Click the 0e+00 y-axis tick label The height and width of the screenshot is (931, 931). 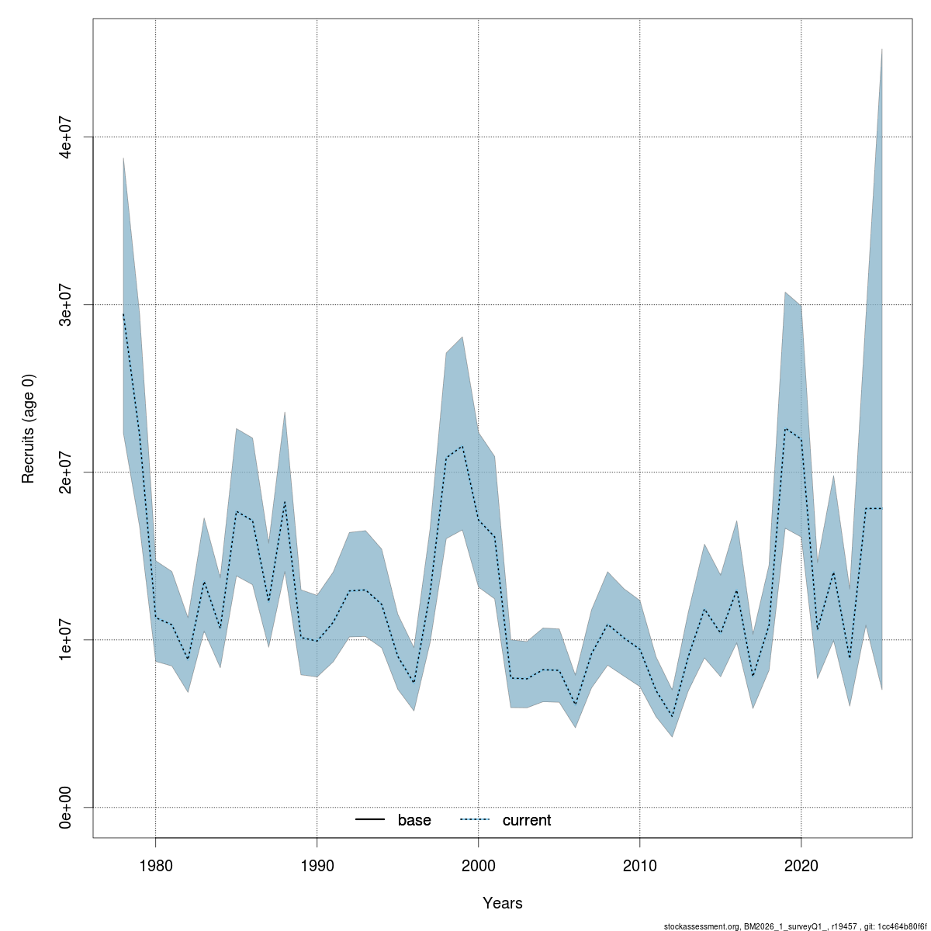click(x=67, y=807)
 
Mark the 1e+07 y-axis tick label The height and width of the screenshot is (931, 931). click(x=67, y=639)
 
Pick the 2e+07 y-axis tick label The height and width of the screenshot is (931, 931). click(x=67, y=472)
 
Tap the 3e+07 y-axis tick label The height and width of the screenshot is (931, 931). click(x=67, y=304)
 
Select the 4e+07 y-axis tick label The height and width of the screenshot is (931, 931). click(x=67, y=137)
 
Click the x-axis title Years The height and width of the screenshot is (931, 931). click(x=503, y=903)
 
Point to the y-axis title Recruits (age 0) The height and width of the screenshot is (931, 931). click(x=29, y=429)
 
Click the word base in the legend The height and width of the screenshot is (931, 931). click(x=414, y=820)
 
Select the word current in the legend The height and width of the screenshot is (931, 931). click(x=527, y=820)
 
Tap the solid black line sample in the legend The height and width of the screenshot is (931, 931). click(x=370, y=820)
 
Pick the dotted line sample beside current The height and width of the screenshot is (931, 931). click(x=475, y=820)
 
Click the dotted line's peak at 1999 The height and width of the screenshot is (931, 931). click(x=462, y=446)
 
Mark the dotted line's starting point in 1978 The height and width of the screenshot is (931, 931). click(x=123, y=313)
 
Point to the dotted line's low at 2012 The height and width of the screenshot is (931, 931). click(x=672, y=717)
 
